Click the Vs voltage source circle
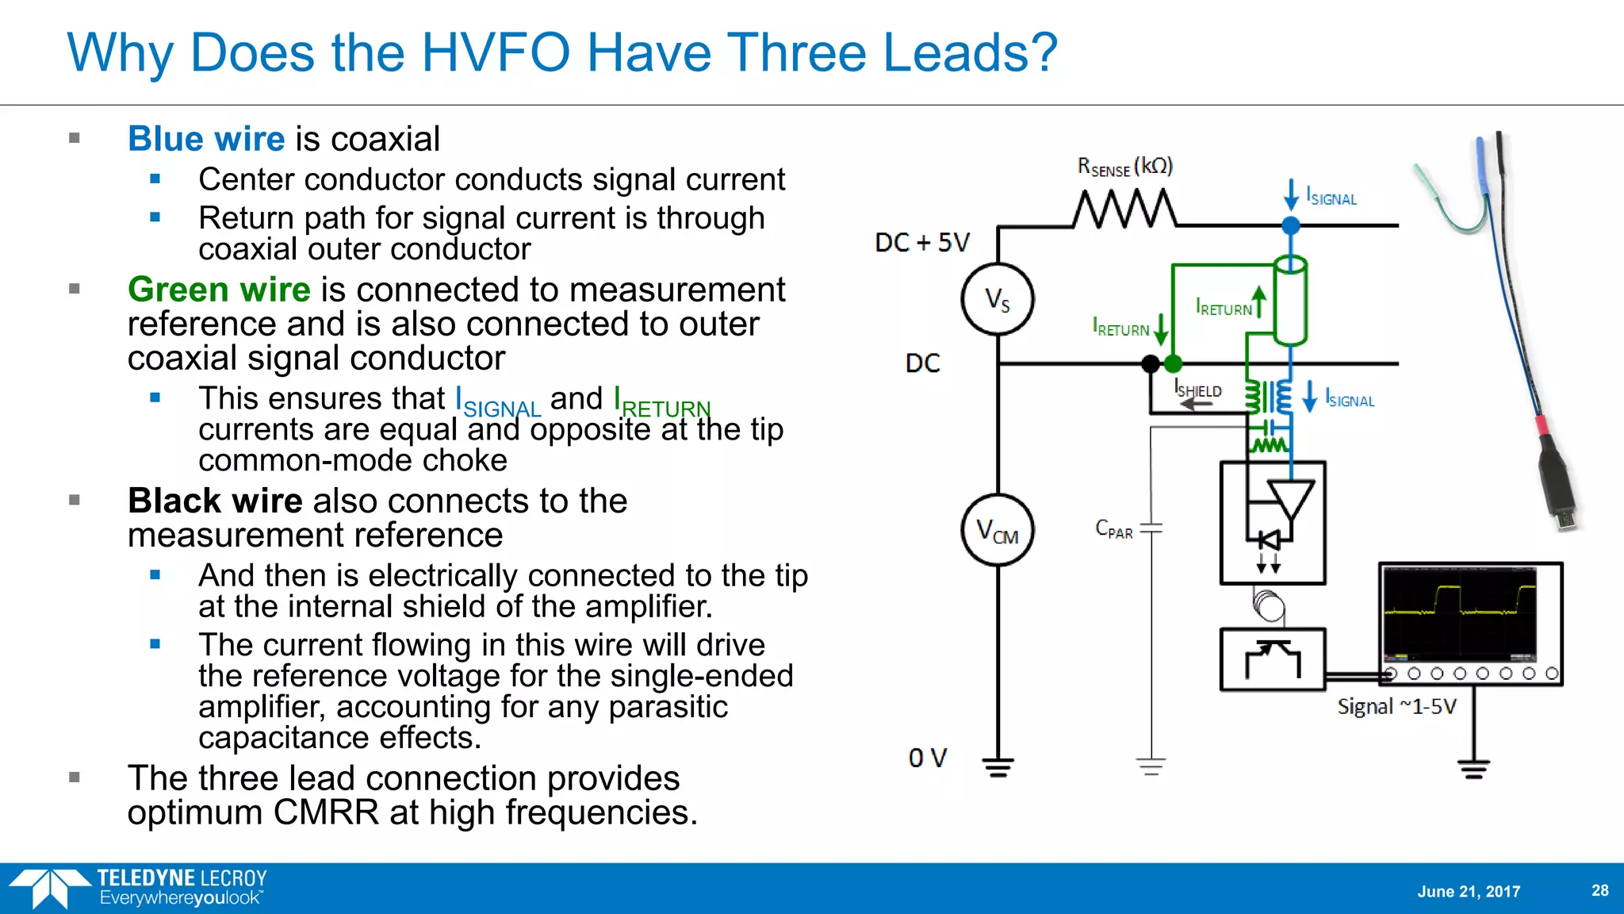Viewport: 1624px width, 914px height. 998,299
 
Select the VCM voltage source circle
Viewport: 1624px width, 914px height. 998,530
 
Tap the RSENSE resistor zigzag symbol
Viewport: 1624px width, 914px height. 1125,209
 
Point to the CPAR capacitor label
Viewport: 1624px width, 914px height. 1113,529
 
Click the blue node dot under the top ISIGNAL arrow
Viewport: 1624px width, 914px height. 1291,225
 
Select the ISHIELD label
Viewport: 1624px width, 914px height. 1198,390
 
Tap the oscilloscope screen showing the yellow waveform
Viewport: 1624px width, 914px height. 1460,613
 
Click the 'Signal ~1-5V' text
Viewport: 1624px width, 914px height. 1396,706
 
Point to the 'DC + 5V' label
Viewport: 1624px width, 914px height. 921,243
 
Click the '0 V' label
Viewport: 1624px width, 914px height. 927,758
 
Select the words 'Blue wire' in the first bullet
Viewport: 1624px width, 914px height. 206,139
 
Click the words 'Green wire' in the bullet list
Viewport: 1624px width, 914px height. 219,290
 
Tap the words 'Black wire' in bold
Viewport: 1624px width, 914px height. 215,501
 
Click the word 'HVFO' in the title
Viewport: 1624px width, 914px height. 495,53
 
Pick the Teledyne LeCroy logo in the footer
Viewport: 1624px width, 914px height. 139,888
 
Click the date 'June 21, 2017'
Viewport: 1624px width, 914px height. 1469,891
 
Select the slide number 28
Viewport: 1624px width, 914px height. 1599,890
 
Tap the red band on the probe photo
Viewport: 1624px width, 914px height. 1542,425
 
